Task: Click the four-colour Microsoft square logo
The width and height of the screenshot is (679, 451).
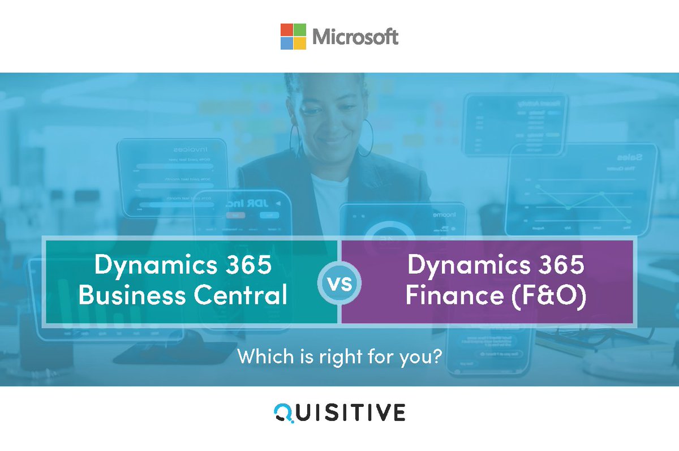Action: coord(293,36)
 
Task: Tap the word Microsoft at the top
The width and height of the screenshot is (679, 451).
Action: coord(355,37)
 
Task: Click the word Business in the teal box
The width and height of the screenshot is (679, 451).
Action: coord(122,295)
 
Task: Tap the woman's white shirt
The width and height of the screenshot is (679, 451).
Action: coord(329,204)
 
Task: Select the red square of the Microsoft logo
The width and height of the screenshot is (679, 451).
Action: coord(287,29)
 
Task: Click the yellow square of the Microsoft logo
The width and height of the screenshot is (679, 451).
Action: coord(300,43)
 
